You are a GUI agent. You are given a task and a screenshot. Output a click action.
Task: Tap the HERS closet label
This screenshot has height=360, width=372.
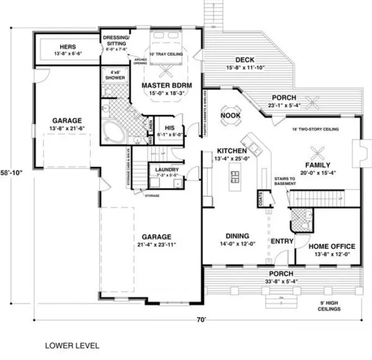[68, 47]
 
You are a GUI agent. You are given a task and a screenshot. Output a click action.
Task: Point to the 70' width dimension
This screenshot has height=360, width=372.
[201, 320]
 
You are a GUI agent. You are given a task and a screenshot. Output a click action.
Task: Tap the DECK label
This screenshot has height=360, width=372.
[241, 60]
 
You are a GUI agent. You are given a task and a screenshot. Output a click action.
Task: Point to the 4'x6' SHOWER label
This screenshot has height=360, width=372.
[114, 75]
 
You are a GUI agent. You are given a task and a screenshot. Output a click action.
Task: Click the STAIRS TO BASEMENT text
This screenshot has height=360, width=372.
[285, 181]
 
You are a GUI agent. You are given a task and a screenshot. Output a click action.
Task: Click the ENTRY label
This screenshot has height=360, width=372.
[281, 241]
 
